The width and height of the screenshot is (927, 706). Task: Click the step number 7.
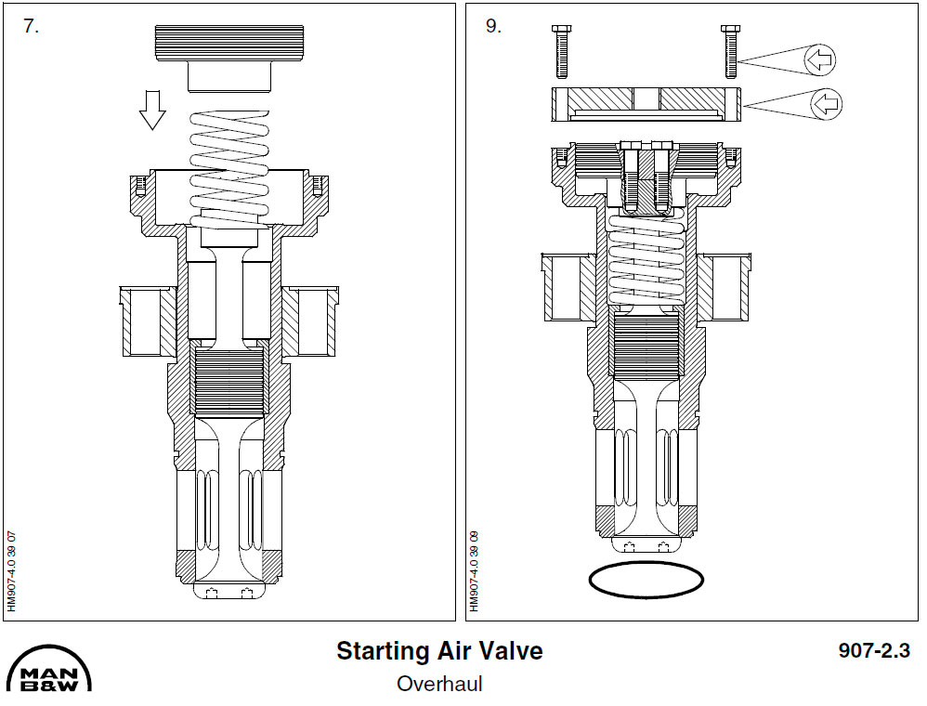pos(31,26)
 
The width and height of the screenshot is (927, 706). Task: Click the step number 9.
pos(492,26)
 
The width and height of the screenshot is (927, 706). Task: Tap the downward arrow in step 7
pos(151,111)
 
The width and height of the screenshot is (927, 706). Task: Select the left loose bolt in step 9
pos(560,51)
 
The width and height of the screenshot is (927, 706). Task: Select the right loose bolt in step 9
pos(730,51)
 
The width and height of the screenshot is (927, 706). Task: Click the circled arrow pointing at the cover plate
pos(826,104)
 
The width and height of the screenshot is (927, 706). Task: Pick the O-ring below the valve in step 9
pos(646,580)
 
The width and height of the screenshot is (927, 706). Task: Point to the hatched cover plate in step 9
pos(646,104)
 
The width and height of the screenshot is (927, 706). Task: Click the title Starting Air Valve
pos(438,650)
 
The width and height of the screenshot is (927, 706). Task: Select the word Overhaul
pos(438,684)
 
